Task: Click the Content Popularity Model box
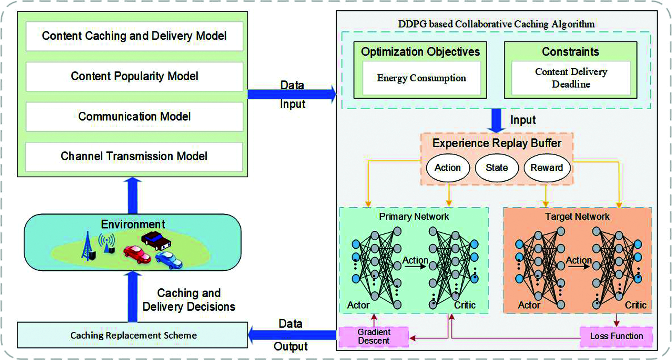click(134, 76)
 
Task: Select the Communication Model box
click(134, 117)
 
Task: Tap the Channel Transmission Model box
click(134, 157)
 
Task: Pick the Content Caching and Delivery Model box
click(134, 36)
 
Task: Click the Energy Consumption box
click(421, 78)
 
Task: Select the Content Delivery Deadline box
click(571, 78)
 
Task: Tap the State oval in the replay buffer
click(497, 168)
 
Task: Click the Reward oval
click(547, 168)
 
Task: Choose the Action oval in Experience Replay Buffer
click(448, 168)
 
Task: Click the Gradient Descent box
click(374, 337)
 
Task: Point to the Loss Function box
click(616, 336)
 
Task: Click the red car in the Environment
click(137, 254)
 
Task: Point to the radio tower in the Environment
click(88, 247)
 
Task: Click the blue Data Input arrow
click(291, 94)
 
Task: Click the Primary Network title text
click(414, 217)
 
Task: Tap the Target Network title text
click(577, 217)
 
